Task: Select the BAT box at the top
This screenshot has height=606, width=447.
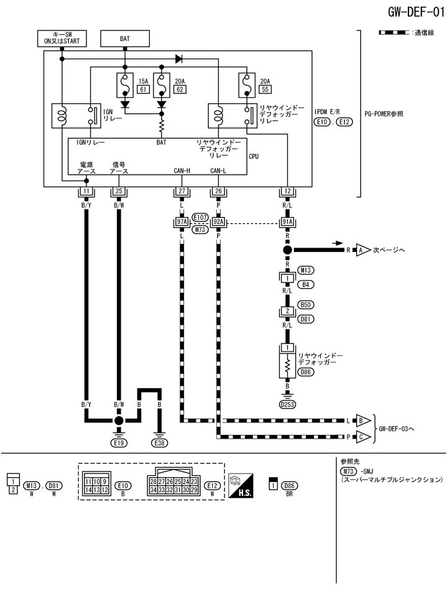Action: point(124,39)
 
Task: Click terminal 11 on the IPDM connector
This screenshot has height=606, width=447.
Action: point(86,191)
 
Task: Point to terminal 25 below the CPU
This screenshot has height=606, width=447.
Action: point(119,191)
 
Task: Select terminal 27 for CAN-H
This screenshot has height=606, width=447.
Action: point(182,191)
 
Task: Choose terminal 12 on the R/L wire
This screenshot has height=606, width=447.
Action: point(287,191)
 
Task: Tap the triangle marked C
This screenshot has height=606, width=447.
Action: point(362,437)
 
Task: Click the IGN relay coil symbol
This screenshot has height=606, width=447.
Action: point(62,116)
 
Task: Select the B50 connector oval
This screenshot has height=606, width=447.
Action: point(306,305)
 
